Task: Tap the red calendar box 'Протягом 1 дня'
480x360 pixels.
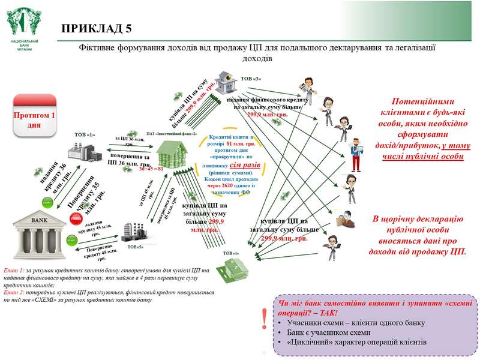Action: click(x=34, y=114)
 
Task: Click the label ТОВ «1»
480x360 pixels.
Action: click(x=85, y=134)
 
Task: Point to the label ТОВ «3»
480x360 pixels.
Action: click(x=251, y=79)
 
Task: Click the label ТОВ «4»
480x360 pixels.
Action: click(x=231, y=254)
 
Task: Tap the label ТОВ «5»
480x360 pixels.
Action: click(x=135, y=246)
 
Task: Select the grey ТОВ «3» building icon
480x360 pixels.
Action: click(x=226, y=81)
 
